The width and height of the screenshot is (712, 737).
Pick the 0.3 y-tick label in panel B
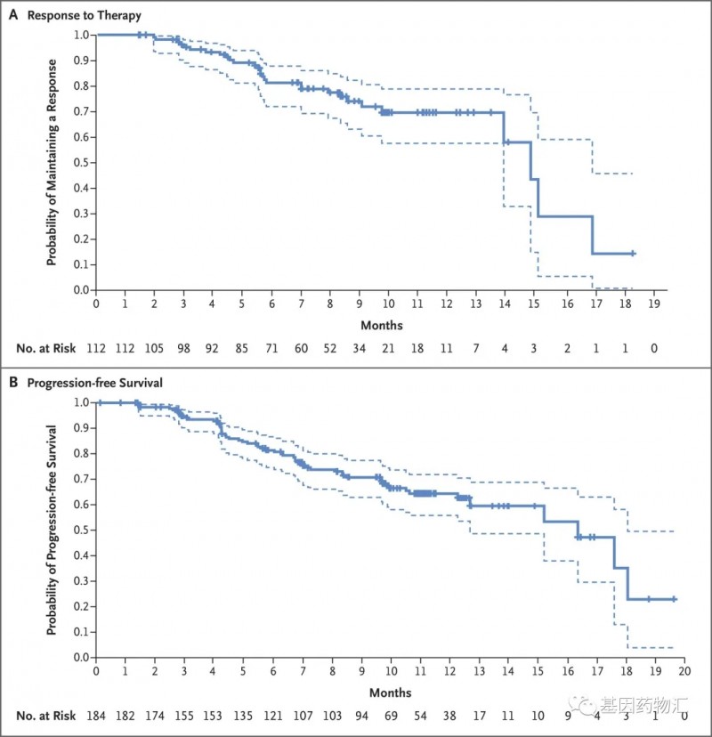click(x=81, y=580)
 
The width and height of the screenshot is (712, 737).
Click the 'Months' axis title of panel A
click(x=382, y=325)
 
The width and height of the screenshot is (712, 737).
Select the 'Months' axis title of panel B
click(x=391, y=692)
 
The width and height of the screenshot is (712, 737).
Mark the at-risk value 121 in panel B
click(x=272, y=716)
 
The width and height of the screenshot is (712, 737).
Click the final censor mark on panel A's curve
click(x=633, y=254)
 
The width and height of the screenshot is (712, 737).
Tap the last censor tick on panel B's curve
click(x=674, y=599)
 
